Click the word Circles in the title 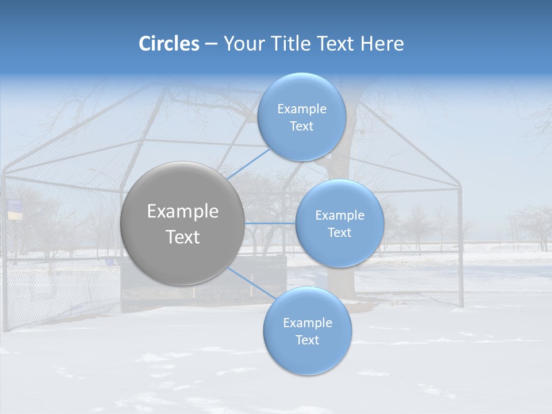click(169, 44)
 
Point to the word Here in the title click(382, 44)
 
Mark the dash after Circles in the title click(210, 44)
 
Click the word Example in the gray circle click(183, 212)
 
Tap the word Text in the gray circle click(183, 237)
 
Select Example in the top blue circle click(302, 109)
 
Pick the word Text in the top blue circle click(302, 126)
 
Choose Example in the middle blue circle click(340, 216)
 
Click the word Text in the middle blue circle click(340, 233)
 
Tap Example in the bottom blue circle click(308, 323)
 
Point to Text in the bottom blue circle click(308, 340)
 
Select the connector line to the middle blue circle click(270, 223)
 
